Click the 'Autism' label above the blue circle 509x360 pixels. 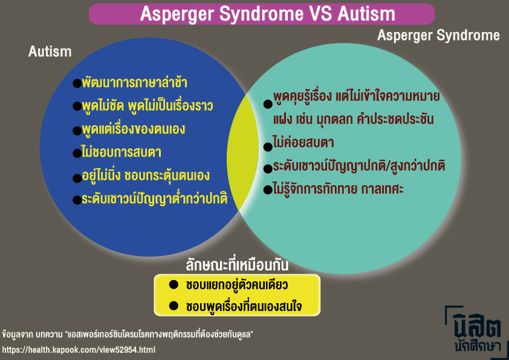coord(50,52)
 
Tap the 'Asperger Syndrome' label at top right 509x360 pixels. coord(438,36)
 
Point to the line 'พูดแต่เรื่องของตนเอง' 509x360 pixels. coord(133,129)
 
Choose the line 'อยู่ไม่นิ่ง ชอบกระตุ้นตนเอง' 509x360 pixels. coord(145,176)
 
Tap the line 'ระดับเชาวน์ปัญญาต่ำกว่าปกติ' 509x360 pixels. coord(154,199)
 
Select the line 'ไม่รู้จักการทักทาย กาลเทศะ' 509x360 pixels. coord(338,189)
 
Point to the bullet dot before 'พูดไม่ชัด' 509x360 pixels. coord(77,106)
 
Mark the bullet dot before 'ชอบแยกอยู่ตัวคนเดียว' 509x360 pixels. coord(173,284)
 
